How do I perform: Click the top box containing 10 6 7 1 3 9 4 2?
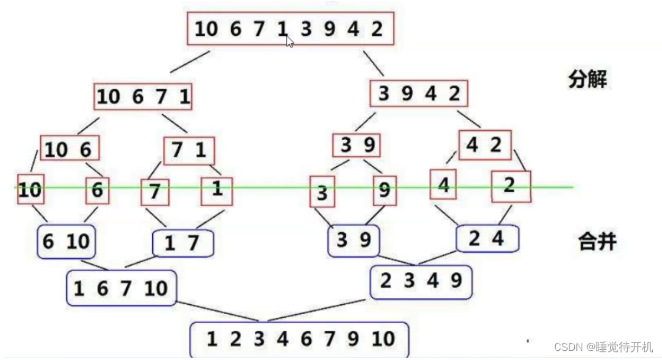coord(290,29)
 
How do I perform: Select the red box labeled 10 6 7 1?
coord(144,97)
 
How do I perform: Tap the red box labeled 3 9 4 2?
coord(419,94)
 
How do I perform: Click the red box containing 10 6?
coord(70,148)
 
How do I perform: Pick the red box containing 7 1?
coord(189,150)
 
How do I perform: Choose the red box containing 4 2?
coord(484,145)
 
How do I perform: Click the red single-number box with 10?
coord(30,189)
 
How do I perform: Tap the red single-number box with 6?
coord(98,189)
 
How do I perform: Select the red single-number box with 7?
coord(155,192)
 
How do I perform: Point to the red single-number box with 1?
coord(217,191)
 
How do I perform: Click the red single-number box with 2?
coord(511,186)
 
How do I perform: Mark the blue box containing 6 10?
coord(67,241)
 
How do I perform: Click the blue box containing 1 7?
coord(183,243)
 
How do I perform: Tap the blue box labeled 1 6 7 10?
coord(121,287)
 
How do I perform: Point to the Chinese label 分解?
coord(588,80)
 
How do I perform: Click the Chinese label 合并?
coord(596,242)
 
